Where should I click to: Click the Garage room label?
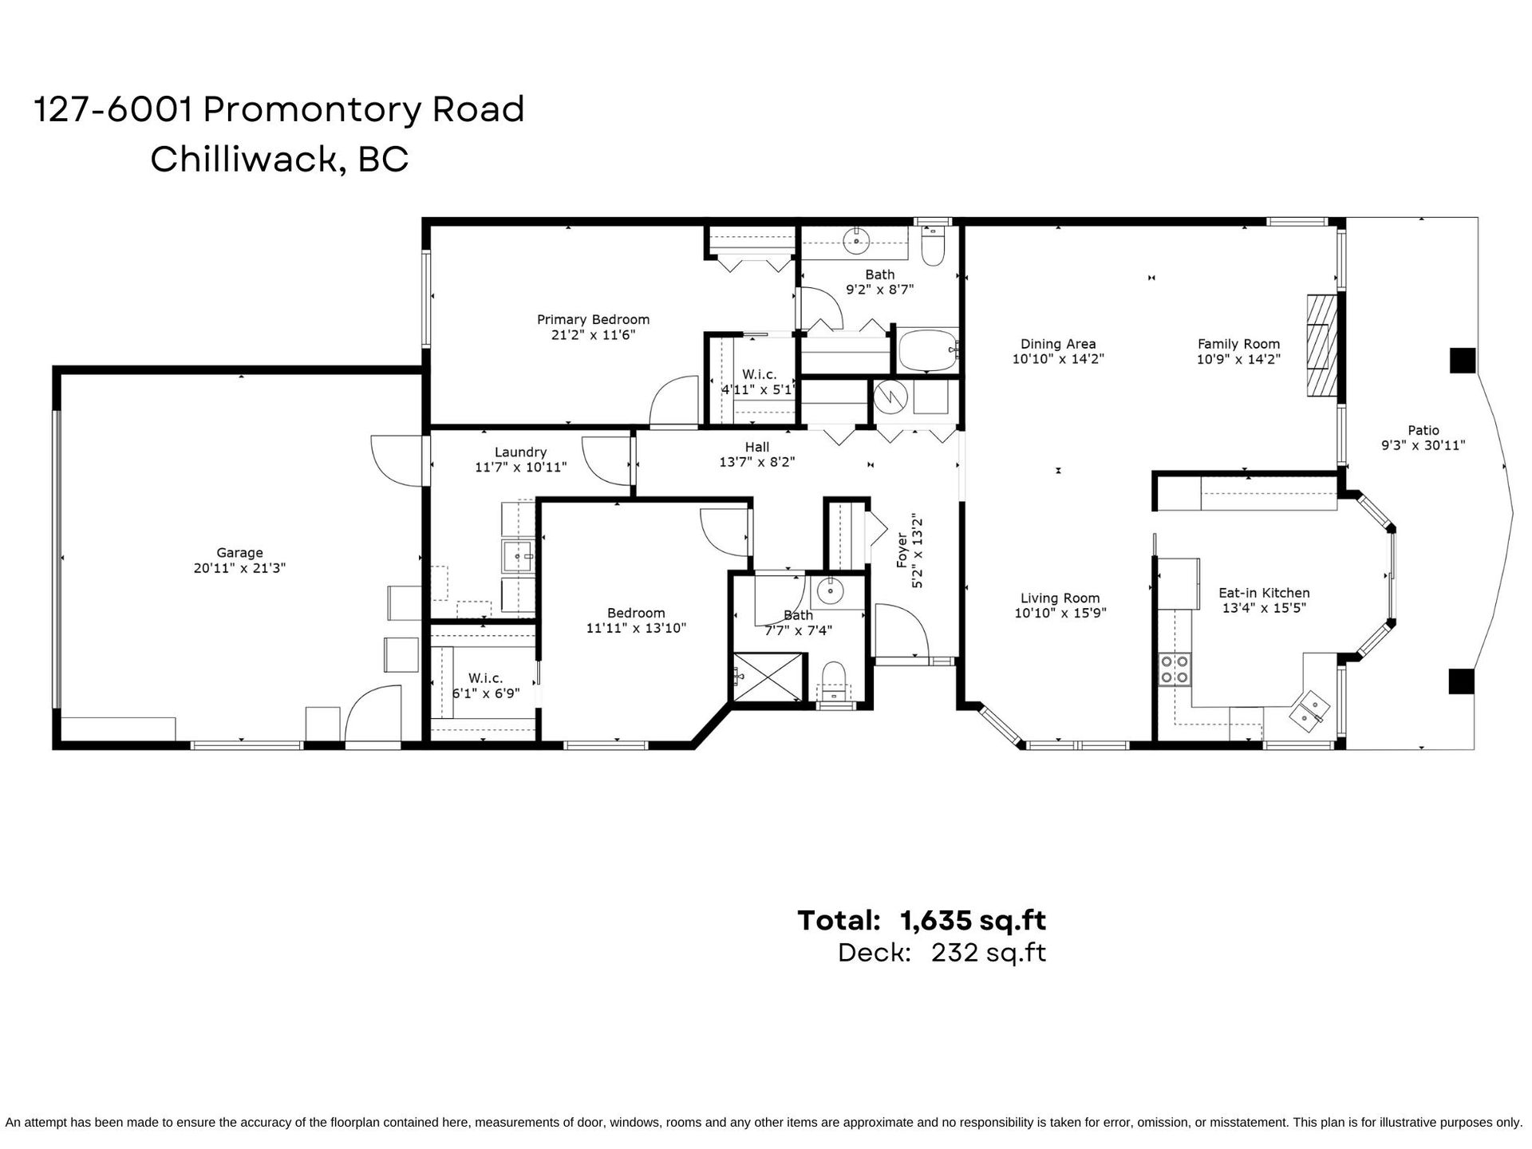(239, 552)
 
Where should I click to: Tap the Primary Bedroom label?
(593, 320)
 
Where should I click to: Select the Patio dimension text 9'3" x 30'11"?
(1423, 445)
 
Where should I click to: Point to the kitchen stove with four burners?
(1174, 669)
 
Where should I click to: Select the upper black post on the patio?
(1462, 361)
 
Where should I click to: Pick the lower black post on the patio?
(1462, 681)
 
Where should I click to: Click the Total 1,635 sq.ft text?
(922, 920)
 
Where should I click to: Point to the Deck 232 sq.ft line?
(942, 953)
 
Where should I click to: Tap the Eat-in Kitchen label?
(1264, 593)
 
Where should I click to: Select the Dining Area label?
(1058, 344)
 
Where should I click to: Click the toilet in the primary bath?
(931, 247)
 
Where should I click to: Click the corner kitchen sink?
(1308, 710)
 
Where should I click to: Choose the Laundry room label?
(520, 452)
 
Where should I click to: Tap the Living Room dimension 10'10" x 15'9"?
(1060, 613)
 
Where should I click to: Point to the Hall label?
(757, 447)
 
